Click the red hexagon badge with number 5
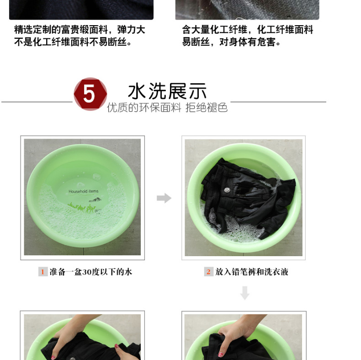pyautogui.click(x=90, y=94)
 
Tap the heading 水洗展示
pyautogui.click(x=167, y=91)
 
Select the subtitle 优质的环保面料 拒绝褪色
pyautogui.click(x=167, y=107)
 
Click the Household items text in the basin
pyautogui.click(x=83, y=191)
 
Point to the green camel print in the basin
pyautogui.click(x=82, y=208)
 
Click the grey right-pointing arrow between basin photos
pyautogui.click(x=164, y=198)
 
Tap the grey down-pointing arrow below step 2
pyautogui.click(x=245, y=293)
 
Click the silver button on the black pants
pyautogui.click(x=227, y=190)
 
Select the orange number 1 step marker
pyautogui.click(x=43, y=272)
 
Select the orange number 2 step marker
pyautogui.click(x=208, y=272)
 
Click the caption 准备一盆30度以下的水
pyautogui.click(x=91, y=272)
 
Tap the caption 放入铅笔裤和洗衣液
pyautogui.click(x=252, y=272)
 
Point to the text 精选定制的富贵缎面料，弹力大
pyautogui.click(x=80, y=30)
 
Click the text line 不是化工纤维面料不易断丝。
pyautogui.click(x=73, y=42)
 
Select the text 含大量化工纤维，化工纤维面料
pyautogui.click(x=248, y=30)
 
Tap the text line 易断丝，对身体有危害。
pyautogui.click(x=231, y=42)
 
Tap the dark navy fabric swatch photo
pyautogui.click(x=81, y=9)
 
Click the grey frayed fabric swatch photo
pyautogui.click(x=247, y=9)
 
